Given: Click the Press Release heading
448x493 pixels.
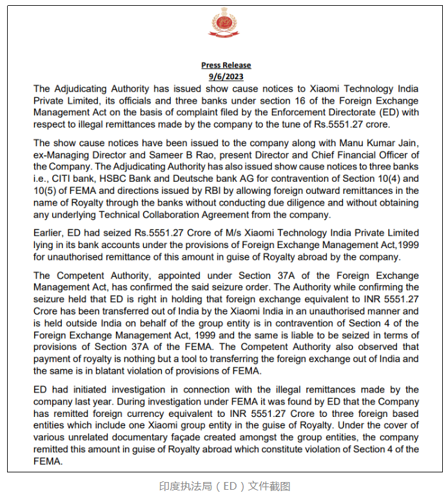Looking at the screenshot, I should [x=226, y=65].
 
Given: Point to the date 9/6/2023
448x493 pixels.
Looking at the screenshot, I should [x=226, y=76].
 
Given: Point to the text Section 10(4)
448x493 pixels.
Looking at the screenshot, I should [x=377, y=179].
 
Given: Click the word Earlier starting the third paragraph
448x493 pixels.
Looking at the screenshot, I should [x=50, y=233].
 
